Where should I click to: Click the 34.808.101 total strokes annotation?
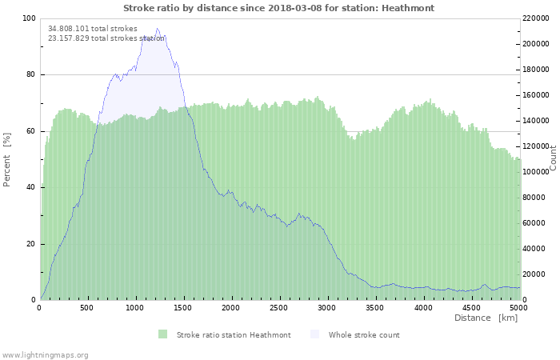click(93, 29)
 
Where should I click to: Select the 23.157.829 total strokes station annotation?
click(106, 38)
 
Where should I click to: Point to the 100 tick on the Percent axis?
click(30, 18)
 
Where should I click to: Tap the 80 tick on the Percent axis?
click(31, 75)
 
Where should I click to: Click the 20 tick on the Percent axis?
click(31, 244)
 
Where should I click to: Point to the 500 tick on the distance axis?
click(88, 307)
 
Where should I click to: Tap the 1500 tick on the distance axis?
click(183, 307)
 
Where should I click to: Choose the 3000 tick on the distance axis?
click(327, 307)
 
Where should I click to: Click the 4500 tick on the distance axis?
click(471, 307)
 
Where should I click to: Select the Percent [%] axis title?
click(7, 159)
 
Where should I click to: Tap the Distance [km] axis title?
click(486, 318)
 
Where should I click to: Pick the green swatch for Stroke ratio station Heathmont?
click(163, 334)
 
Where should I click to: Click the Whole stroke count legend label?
click(364, 335)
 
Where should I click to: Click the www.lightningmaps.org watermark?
click(45, 354)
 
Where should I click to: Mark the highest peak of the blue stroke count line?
click(157, 29)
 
